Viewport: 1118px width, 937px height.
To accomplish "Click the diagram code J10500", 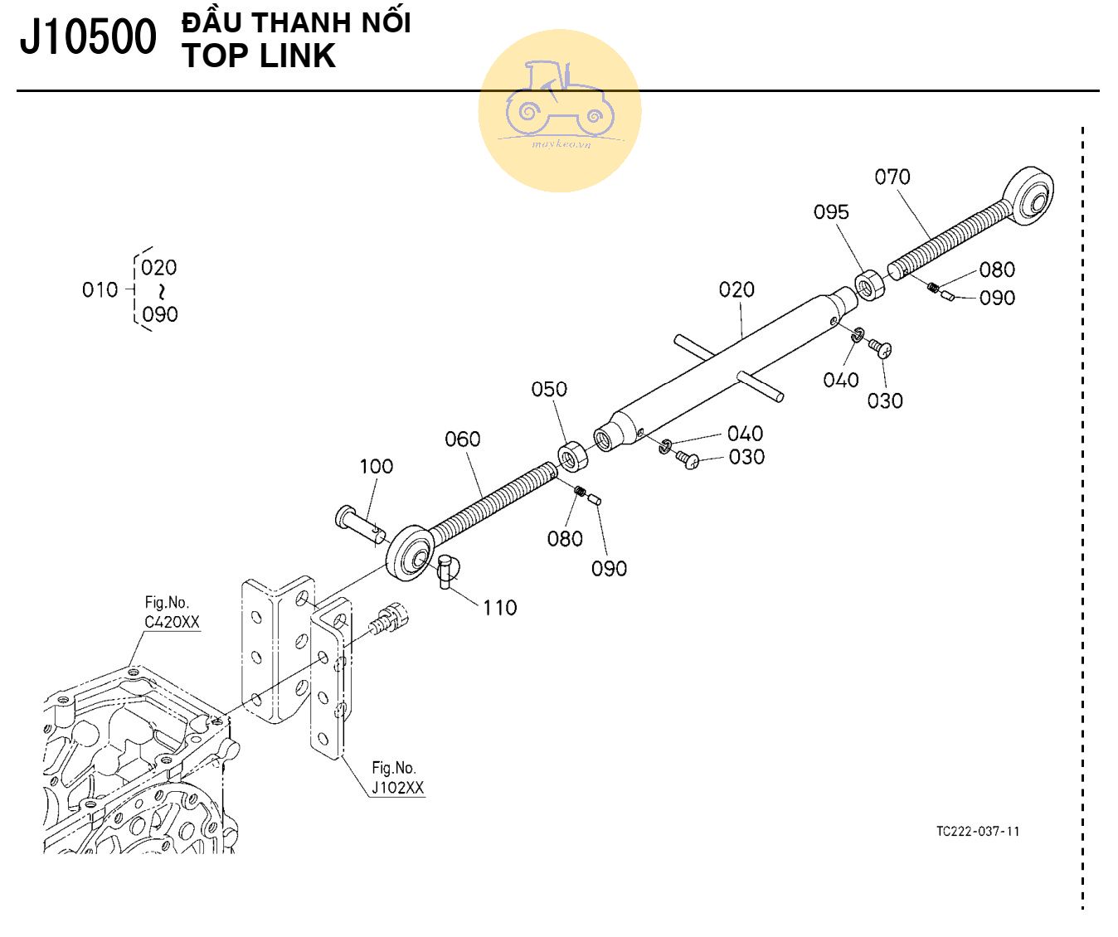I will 88,38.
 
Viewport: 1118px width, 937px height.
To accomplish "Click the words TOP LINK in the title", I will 259,56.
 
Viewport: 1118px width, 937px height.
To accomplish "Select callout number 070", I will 892,177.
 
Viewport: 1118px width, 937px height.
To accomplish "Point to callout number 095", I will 830,212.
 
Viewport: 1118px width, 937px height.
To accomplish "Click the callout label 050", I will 548,389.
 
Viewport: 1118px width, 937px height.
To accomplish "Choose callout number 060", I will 462,439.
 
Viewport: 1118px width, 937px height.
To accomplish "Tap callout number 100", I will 376,466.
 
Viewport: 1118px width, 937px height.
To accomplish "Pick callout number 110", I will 499,608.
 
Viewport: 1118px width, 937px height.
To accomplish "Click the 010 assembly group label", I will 100,289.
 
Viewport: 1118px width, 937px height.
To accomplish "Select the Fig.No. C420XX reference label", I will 172,613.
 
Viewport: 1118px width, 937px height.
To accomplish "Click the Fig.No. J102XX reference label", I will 397,778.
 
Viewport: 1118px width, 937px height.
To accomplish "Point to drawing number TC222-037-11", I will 978,831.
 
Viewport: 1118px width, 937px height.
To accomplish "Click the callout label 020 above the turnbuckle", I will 736,289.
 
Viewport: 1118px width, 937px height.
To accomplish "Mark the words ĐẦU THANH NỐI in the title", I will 296,22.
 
